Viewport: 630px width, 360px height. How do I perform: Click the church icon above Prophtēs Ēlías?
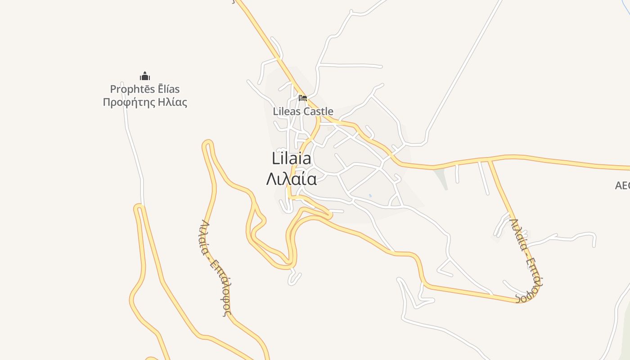[144, 76]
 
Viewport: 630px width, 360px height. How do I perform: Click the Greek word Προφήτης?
[129, 102]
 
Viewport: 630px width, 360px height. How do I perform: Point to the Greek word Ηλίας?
[172, 102]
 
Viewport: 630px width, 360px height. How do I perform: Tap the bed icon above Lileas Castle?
[303, 98]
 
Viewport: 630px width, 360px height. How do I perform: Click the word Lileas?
[287, 111]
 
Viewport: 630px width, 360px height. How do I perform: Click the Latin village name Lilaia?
[291, 158]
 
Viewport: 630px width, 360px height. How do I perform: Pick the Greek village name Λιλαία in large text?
[291, 179]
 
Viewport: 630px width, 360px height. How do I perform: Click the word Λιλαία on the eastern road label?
[518, 234]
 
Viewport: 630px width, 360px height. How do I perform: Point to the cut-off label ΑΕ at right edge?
[622, 185]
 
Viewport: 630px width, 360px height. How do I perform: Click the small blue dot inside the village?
[370, 196]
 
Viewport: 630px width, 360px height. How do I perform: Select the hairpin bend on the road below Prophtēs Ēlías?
[139, 207]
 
